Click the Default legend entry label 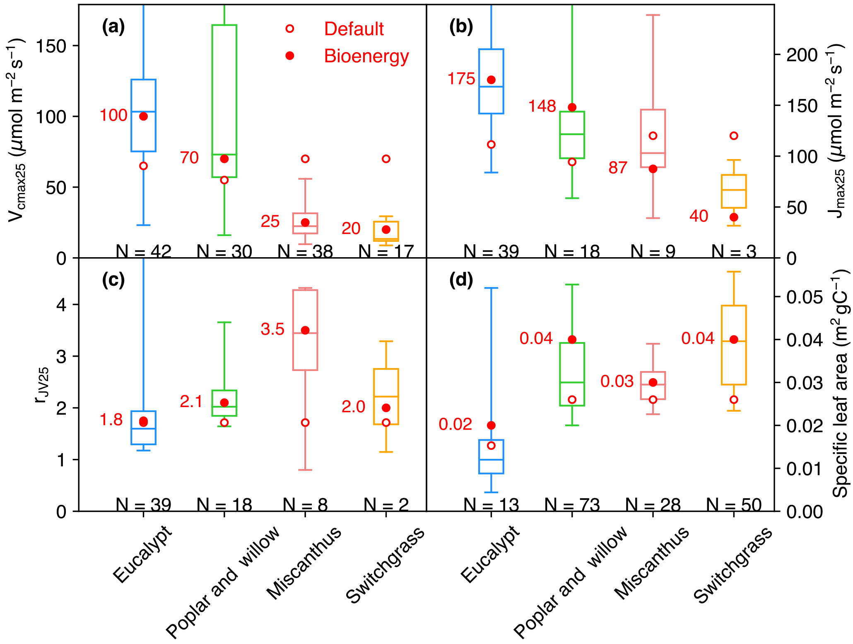(354, 29)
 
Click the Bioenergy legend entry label (366, 56)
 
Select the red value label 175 (461, 79)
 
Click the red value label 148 (542, 106)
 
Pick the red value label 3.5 (272, 329)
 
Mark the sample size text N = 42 (143, 251)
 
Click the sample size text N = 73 (572, 504)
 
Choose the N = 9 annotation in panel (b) (653, 251)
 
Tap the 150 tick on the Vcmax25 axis (51, 46)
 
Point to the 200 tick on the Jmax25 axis (802, 55)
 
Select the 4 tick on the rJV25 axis (61, 305)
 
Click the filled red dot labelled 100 (143, 116)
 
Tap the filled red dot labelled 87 (653, 169)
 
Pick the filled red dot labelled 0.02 (491, 425)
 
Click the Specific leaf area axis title (840, 383)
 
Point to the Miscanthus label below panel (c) (304, 563)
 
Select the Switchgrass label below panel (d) (733, 565)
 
